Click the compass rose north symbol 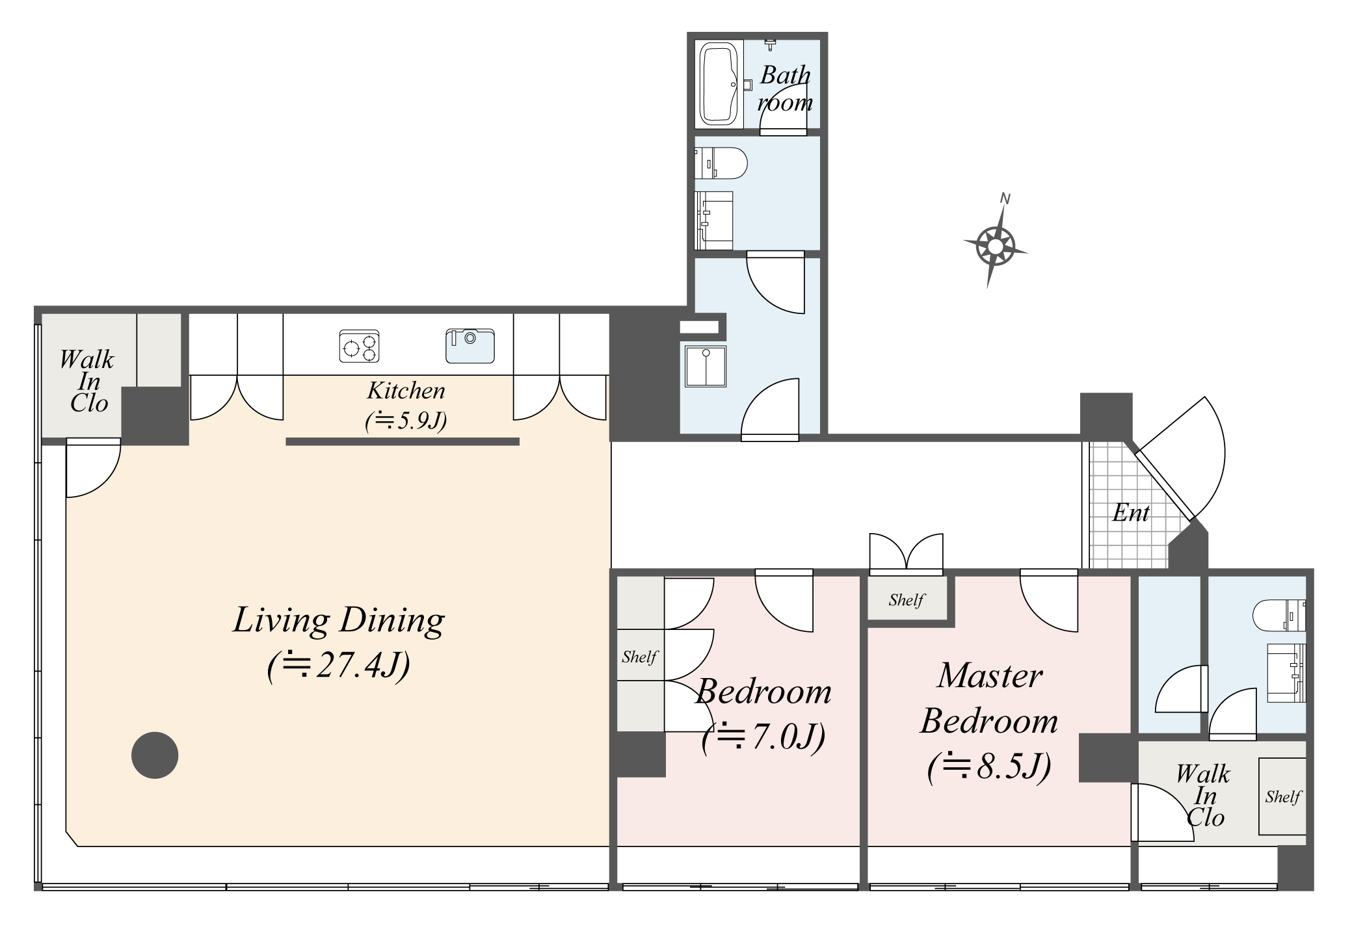[x=995, y=246]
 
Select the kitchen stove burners [x=359, y=346]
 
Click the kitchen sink [x=470, y=346]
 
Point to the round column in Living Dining [x=155, y=755]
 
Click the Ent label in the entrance [x=1130, y=513]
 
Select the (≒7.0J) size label [x=763, y=737]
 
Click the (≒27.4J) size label [x=339, y=665]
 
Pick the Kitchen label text [x=406, y=391]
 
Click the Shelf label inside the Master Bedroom [x=906, y=599]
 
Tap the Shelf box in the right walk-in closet [x=1282, y=796]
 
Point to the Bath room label [x=785, y=88]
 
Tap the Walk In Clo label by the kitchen [x=88, y=382]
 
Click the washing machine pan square [x=705, y=367]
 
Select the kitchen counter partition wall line [x=403, y=441]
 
